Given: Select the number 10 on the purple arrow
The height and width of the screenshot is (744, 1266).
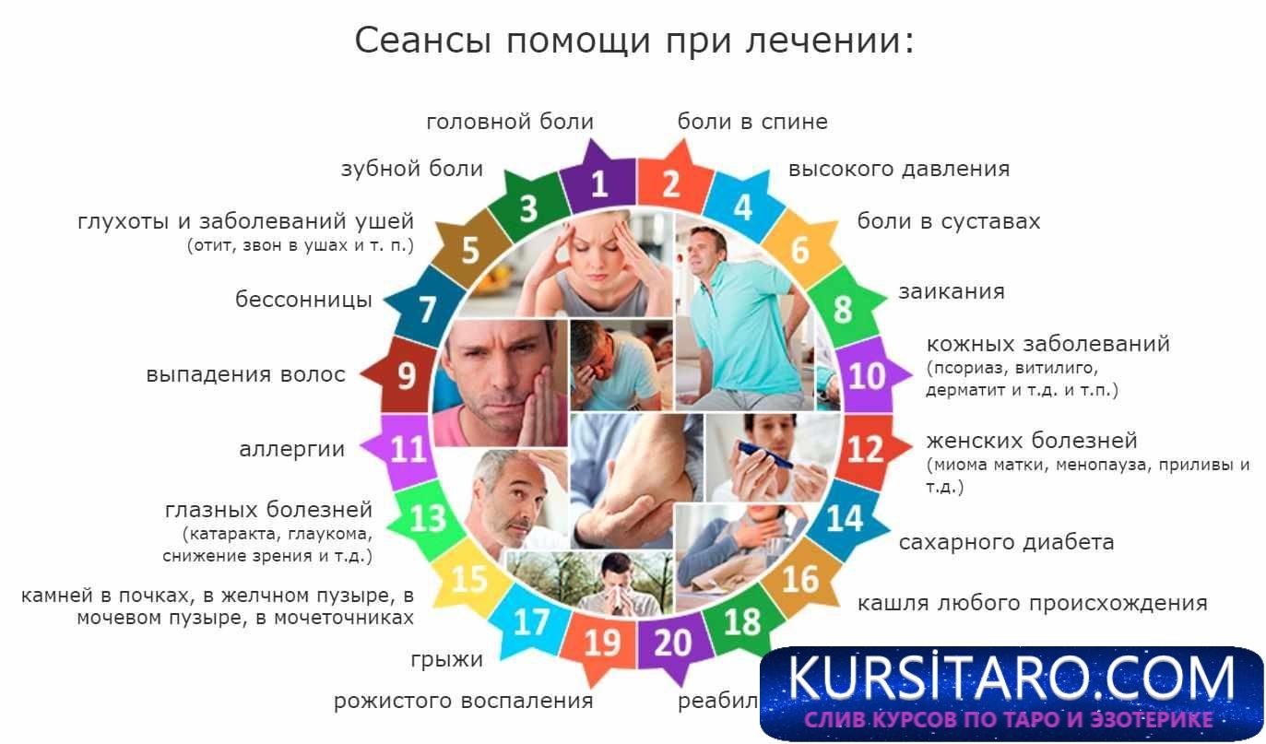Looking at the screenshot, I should tap(866, 374).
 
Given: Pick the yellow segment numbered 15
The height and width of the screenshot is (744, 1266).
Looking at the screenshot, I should tap(469, 578).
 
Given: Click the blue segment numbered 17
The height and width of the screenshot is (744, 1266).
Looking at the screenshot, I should tap(531, 621).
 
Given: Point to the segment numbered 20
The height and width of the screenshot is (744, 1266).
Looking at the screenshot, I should tap(672, 642).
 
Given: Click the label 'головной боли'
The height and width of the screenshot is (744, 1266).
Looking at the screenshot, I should tap(510, 122).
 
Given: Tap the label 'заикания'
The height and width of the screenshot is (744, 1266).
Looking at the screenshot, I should tap(951, 291).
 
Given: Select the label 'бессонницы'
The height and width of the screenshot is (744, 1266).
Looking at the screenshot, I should tap(303, 300).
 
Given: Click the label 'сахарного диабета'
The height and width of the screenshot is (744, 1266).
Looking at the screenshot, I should tap(1006, 542).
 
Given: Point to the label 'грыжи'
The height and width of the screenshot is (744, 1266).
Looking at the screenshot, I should tap(447, 660).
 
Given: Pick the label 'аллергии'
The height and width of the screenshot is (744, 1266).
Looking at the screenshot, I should tap(291, 450).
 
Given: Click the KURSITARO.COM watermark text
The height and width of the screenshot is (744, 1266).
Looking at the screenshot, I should tap(1012, 679).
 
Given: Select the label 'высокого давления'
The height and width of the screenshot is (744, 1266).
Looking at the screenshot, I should tap(898, 170).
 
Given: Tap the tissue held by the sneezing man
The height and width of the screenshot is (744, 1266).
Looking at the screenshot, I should tap(616, 598).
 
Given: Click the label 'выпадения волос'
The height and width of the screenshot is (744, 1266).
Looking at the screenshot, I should tap(245, 375).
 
